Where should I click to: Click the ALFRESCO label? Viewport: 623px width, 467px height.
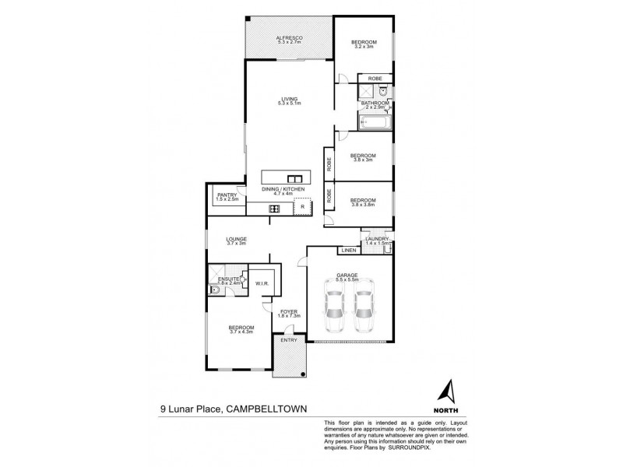tap(289, 37)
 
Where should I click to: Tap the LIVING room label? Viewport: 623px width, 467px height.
tap(290, 98)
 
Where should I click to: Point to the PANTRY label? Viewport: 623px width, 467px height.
tap(227, 195)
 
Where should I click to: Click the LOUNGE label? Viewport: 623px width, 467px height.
tap(236, 239)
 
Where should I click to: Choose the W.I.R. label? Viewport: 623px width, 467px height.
tap(262, 284)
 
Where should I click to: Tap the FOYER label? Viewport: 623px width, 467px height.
tap(290, 311)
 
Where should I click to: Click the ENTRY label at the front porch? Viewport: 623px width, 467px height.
tap(290, 341)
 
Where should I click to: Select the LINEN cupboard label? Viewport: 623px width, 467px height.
tap(348, 250)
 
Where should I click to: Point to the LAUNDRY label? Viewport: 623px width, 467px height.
tap(376, 239)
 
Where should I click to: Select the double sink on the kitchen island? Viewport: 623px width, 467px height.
tap(294, 176)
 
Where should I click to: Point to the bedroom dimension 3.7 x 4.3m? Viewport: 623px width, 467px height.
tap(241, 333)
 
